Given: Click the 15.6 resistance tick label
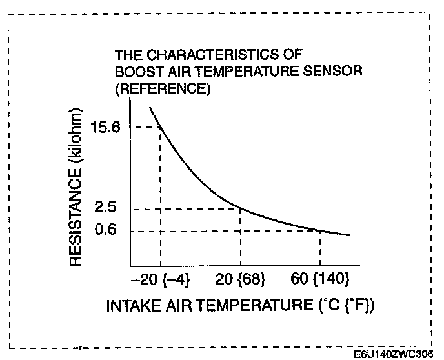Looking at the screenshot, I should click(x=106, y=128).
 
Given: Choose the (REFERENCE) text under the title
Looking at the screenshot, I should click(x=163, y=89).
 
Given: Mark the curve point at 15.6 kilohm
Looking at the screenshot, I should click(x=160, y=127).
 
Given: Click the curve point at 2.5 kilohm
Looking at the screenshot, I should click(x=240, y=208).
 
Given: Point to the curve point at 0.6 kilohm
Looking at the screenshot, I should click(x=320, y=230).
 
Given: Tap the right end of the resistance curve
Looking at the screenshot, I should click(x=350, y=235).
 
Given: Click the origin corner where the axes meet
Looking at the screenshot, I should click(x=131, y=266).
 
